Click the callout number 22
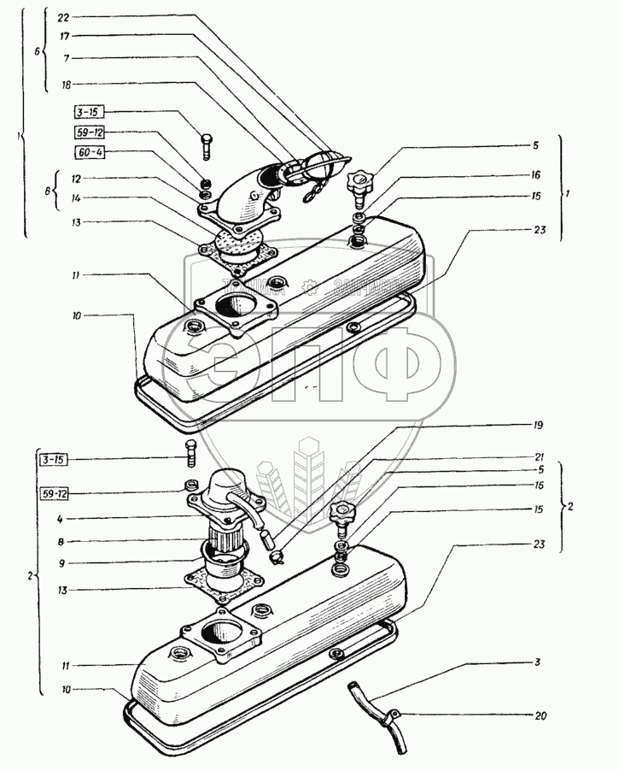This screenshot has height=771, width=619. (x=66, y=17)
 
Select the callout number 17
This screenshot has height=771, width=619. (x=66, y=37)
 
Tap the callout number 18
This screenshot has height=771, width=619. (x=66, y=85)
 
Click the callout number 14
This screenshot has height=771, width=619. (x=76, y=197)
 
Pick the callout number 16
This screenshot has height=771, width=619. (x=535, y=174)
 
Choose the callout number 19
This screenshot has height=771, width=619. (x=538, y=425)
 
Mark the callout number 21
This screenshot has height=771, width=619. (x=538, y=456)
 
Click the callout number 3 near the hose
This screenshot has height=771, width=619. (x=538, y=662)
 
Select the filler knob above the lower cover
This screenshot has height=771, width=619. (x=342, y=515)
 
